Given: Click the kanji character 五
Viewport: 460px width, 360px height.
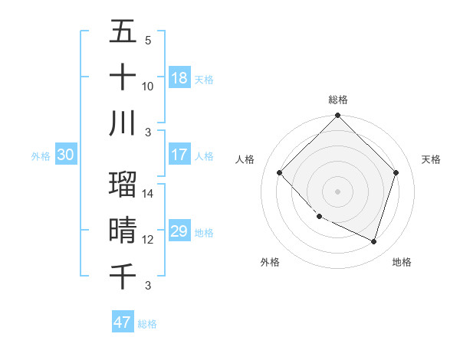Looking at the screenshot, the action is click(123, 32).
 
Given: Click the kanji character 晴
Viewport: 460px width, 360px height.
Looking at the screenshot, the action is click(123, 231).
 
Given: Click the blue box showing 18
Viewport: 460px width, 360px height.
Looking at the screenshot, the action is click(179, 77).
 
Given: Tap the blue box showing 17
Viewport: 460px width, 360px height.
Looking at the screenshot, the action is click(179, 154).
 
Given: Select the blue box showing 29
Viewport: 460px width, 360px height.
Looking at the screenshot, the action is click(179, 231).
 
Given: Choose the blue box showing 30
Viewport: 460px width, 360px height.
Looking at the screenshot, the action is click(66, 155).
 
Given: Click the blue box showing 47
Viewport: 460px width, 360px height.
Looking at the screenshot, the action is click(123, 322).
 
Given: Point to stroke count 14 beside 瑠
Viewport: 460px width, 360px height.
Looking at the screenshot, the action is click(148, 195).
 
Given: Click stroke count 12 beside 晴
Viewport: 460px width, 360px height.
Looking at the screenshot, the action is click(148, 240).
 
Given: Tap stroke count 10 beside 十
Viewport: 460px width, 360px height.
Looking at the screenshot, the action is click(148, 86).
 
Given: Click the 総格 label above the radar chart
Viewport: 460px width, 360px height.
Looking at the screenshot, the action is click(337, 100).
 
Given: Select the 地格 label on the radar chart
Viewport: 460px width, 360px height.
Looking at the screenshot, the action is click(402, 263).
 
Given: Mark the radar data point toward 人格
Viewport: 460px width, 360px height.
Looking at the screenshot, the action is click(280, 173).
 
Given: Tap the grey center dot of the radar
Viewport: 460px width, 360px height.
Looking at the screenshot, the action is click(337, 191).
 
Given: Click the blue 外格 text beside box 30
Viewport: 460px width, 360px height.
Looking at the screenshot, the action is click(41, 155).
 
